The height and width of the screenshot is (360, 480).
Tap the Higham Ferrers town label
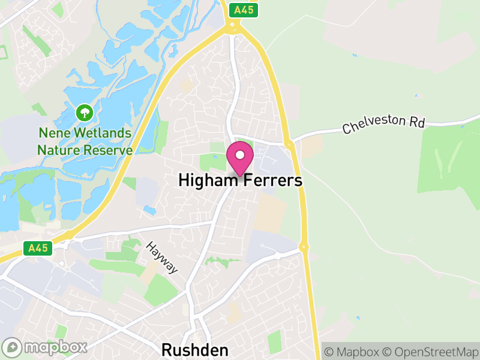click(x=240, y=181)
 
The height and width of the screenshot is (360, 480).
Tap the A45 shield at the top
click(x=243, y=9)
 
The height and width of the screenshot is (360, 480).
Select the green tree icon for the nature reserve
click(x=84, y=112)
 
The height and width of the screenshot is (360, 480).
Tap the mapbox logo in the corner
click(x=46, y=347)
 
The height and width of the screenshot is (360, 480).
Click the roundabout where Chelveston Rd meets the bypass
click(x=290, y=144)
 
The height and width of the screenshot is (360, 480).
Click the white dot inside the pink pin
click(x=240, y=155)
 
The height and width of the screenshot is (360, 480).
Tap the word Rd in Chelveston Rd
click(x=417, y=121)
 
